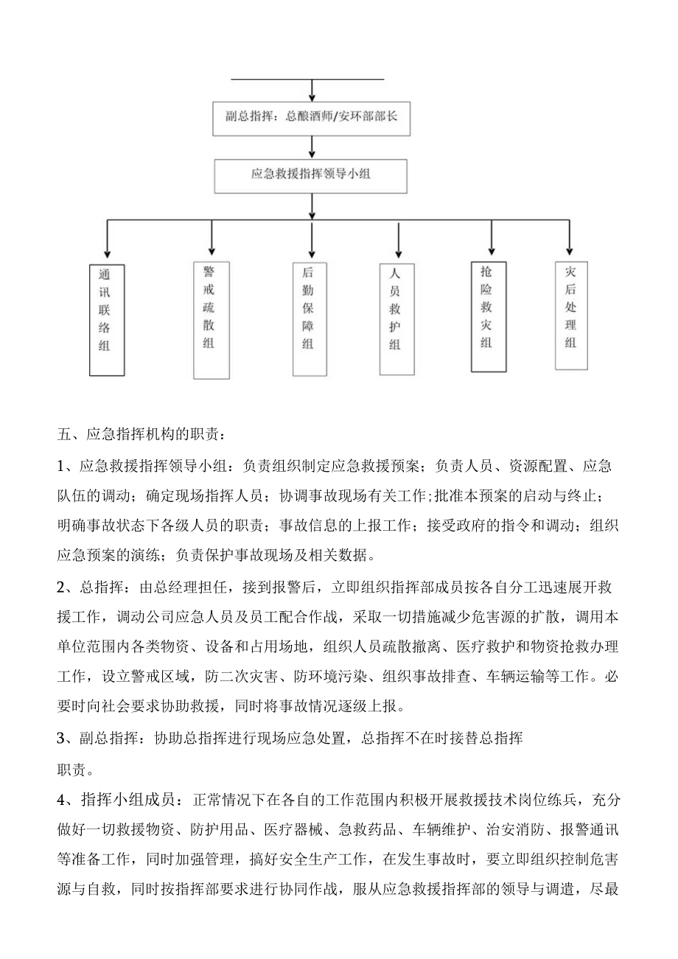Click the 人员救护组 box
point(398,318)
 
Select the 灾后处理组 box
point(570,314)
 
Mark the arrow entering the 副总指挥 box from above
point(313,90)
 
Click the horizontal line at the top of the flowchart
point(308,78)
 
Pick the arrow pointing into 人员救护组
point(398,241)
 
